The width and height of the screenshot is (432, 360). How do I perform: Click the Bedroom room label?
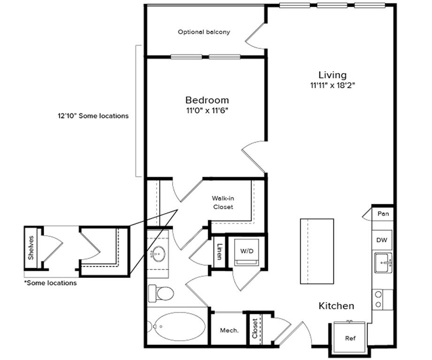point(207,100)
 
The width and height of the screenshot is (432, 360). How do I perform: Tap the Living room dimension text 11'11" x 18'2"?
point(332,86)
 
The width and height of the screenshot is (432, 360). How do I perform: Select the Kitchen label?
point(336,306)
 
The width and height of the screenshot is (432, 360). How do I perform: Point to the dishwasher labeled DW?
point(381,240)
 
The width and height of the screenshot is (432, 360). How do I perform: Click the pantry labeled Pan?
point(383,214)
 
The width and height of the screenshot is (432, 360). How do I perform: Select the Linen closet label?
point(219,252)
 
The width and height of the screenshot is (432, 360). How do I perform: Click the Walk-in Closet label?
point(223,202)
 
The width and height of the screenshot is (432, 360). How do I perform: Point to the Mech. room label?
point(229,330)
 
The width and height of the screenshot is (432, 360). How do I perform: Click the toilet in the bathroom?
point(161,293)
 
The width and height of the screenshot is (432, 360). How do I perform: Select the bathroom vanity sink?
point(158,255)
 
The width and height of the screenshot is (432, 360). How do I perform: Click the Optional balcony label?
point(204,32)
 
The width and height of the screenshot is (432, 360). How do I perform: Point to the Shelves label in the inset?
point(31,248)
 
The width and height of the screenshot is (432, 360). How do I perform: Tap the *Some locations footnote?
point(50,283)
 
